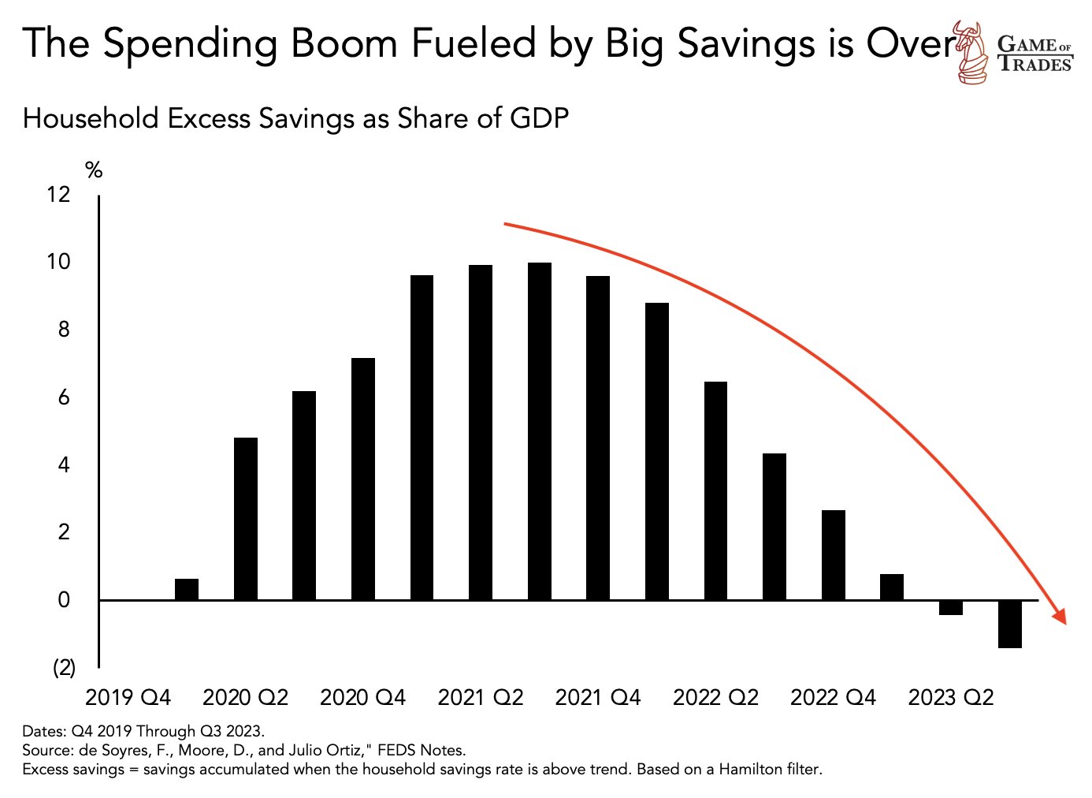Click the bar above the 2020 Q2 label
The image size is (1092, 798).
tap(246, 519)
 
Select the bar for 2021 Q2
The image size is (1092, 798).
tap(481, 432)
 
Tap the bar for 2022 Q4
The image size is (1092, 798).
tap(834, 555)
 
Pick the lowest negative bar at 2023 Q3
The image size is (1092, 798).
tap(1010, 624)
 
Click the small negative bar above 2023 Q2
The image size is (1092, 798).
tap(951, 607)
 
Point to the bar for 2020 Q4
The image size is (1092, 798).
tap(363, 479)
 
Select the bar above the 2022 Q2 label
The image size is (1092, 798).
tap(715, 490)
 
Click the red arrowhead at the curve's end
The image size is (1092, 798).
tap(1060, 617)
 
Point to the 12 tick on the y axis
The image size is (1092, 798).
tap(58, 194)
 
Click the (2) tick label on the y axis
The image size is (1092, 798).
tap(64, 668)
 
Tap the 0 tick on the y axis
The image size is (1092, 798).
tap(64, 600)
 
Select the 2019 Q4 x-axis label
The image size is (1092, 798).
tap(128, 698)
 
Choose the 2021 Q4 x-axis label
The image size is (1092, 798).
tap(598, 698)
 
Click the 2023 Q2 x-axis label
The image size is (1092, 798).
tap(951, 698)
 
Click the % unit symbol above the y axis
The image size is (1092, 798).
tap(94, 170)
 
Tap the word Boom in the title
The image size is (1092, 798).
tap(344, 43)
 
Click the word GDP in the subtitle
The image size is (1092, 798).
tap(540, 118)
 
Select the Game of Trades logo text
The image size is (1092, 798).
tap(1034, 54)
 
